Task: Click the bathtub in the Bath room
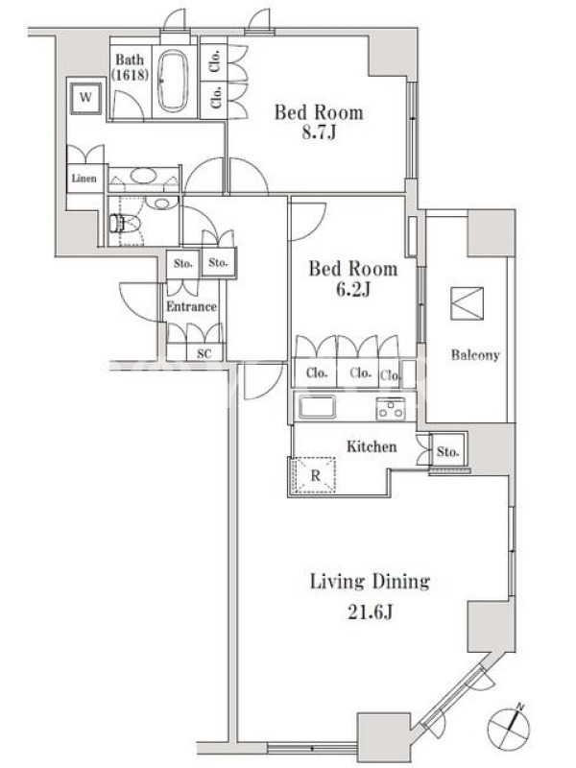[174, 81]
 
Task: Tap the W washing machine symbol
[85, 98]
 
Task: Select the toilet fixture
[125, 224]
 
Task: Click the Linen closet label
[84, 179]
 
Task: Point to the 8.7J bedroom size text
[319, 132]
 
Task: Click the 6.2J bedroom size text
[352, 290]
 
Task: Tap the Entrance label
[191, 306]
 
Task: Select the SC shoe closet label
[204, 353]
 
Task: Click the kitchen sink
[318, 407]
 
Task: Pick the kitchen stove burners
[391, 409]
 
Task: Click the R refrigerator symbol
[314, 475]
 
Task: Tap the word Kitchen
[372, 446]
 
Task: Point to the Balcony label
[475, 355]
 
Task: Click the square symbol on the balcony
[467, 303]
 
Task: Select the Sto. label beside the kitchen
[447, 451]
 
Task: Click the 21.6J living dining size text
[371, 612]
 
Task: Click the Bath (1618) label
[130, 67]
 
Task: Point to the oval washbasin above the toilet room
[143, 176]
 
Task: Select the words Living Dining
[371, 582]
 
